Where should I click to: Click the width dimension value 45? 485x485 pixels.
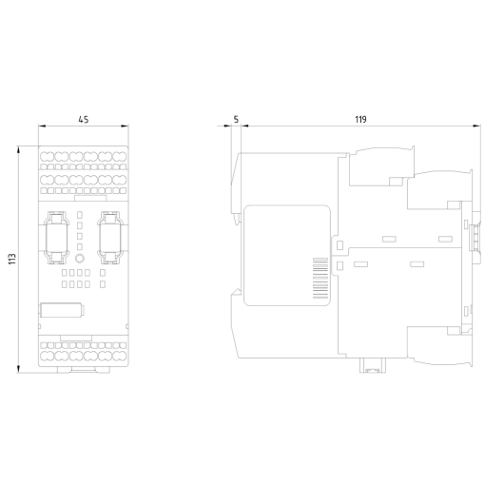[84, 120]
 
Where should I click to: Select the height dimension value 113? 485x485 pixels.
[12, 258]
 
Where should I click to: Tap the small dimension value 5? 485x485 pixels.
[235, 120]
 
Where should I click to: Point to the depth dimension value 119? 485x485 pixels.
[360, 120]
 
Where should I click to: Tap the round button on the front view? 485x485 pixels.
[81, 258]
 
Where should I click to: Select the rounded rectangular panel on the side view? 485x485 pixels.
[286, 256]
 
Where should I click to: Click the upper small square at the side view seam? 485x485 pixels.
[338, 243]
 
